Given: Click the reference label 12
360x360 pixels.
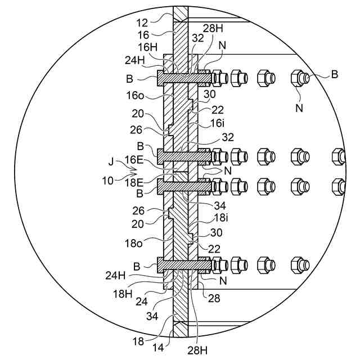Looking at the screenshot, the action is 142,23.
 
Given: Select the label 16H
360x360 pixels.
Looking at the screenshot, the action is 147,47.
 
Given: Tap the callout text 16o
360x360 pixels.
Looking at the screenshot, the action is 135,95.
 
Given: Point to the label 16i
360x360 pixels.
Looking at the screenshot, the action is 217,123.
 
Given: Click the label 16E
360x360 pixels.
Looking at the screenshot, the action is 134,160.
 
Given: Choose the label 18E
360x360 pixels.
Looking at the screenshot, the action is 134,183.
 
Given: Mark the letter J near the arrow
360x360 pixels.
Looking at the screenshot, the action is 111,161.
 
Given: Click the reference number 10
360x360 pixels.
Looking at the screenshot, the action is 107,181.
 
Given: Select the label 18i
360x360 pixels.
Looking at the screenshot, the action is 221,218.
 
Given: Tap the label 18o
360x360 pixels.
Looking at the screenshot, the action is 133,243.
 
